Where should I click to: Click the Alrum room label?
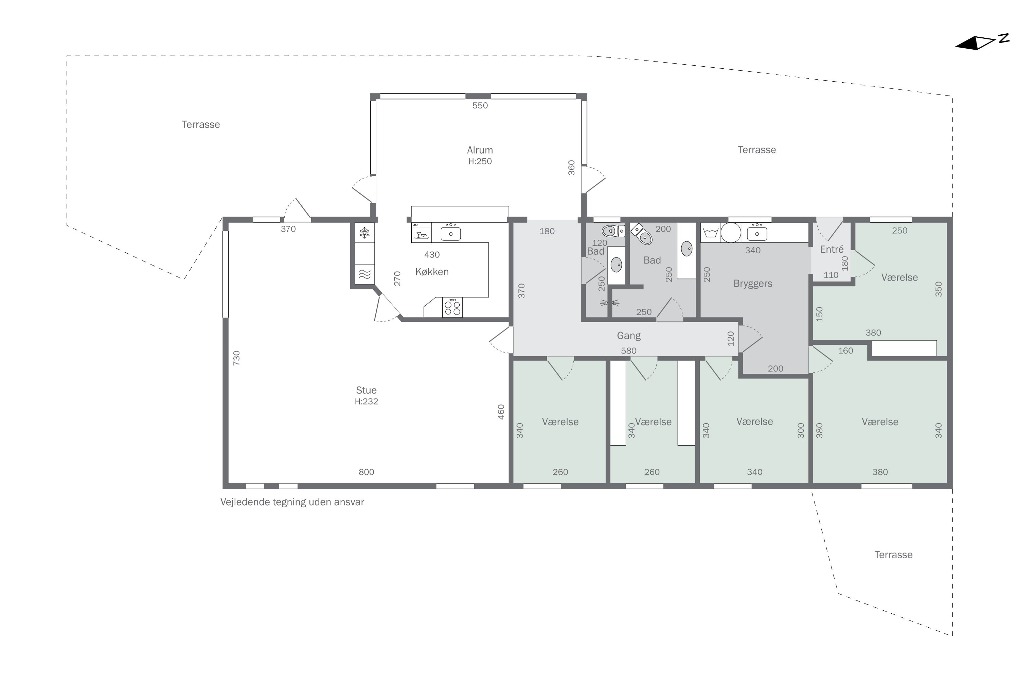coord(480,150)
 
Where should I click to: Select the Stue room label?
coord(366,390)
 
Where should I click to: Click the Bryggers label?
coord(753,284)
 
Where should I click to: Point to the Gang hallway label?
coord(629,336)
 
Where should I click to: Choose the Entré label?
coord(832,249)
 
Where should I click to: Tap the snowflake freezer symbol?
coord(365,233)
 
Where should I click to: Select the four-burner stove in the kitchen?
coord(452,307)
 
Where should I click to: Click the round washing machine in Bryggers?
coord(731,233)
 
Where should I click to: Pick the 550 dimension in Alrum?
coord(480,105)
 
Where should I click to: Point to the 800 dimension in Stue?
coord(366,472)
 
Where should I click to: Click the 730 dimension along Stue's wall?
coord(236,358)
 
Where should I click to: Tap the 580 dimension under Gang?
coord(629,351)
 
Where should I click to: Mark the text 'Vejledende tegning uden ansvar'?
coord(292,502)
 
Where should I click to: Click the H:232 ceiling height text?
coord(366,402)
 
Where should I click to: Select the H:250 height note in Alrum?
coord(480,161)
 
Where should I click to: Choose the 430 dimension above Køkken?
coord(432,255)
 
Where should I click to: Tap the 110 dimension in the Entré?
coord(831,275)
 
